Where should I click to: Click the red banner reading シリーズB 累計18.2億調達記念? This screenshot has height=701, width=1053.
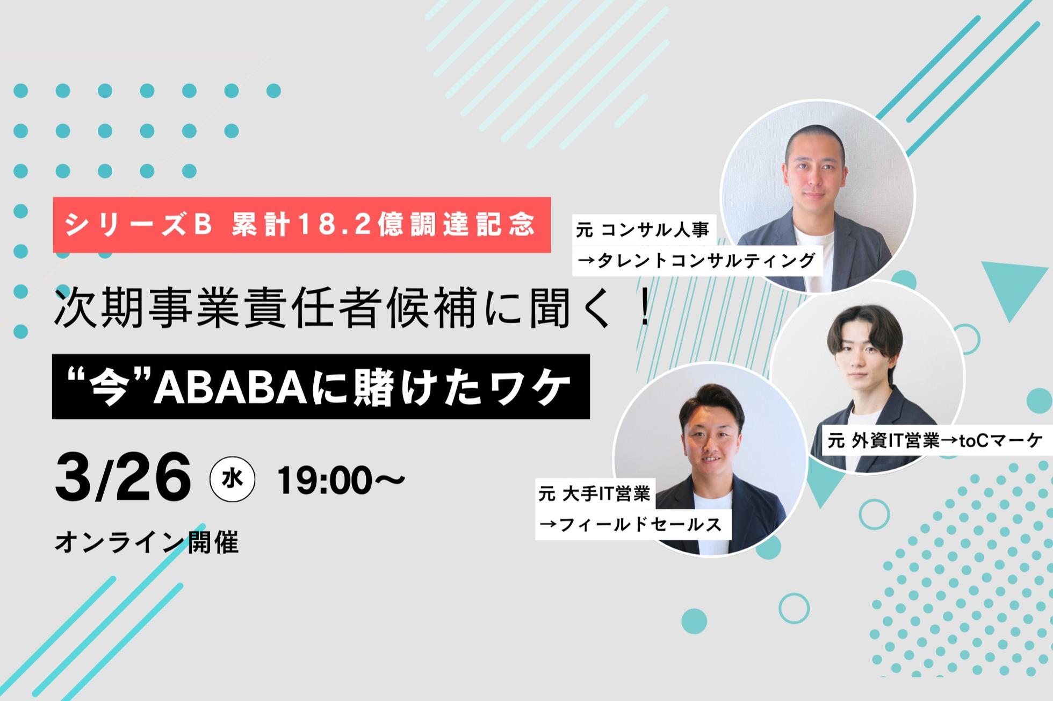pyautogui.click(x=301, y=225)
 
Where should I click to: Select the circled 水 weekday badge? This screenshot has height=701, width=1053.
pyautogui.click(x=232, y=478)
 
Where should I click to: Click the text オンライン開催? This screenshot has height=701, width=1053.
pyautogui.click(x=147, y=542)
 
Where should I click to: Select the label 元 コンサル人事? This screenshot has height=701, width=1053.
pyautogui.click(x=643, y=230)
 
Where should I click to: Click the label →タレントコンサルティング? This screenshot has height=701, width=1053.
pyautogui.click(x=696, y=261)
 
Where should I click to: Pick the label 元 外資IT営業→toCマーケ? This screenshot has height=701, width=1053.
pyautogui.click(x=935, y=441)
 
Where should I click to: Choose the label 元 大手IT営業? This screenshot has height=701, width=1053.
pyautogui.click(x=594, y=493)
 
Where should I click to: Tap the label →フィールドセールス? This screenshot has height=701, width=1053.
pyautogui.click(x=631, y=524)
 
